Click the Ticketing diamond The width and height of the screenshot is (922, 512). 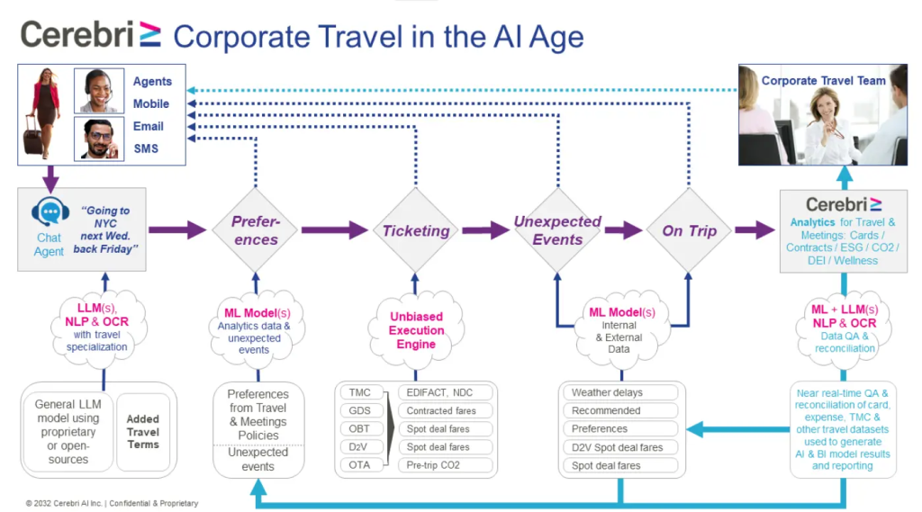coord(416,231)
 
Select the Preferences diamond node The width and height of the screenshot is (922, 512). coord(256,231)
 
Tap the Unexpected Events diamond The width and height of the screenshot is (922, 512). coord(557,230)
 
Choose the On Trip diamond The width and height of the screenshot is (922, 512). coord(690,231)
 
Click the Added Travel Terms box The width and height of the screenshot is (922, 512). coord(143,432)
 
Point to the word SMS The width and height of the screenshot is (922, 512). coord(146,148)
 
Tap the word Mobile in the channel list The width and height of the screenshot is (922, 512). coord(151,103)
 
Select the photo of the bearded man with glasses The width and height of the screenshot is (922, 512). coord(98,139)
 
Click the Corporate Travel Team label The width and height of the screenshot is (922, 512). coord(823,81)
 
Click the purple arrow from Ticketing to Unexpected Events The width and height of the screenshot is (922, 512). coord(485,231)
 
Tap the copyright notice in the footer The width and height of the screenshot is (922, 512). coord(113,503)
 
